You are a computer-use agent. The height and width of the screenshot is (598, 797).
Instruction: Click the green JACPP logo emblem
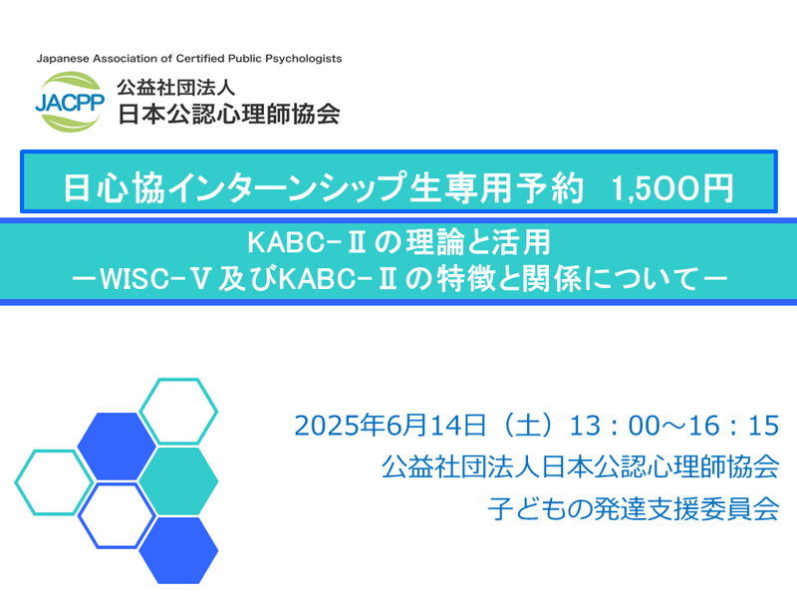pos(70,102)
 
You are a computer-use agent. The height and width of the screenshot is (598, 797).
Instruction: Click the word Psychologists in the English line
pos(304,59)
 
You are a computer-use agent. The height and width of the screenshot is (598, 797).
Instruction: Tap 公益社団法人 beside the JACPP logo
pos(176,88)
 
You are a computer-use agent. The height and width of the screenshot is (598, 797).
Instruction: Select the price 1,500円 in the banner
pos(671,188)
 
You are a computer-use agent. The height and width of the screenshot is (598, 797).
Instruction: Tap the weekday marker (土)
pos(527,426)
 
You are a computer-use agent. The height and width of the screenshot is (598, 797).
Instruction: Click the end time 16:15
pos(733,426)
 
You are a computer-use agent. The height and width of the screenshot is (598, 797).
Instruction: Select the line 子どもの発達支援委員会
pos(634,508)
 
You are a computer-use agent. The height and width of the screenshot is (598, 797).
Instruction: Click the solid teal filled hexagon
pos(178,481)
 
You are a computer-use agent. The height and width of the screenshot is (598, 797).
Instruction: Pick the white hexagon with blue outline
pos(117,515)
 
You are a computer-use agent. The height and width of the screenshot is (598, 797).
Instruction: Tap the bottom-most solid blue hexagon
pos(178,550)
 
